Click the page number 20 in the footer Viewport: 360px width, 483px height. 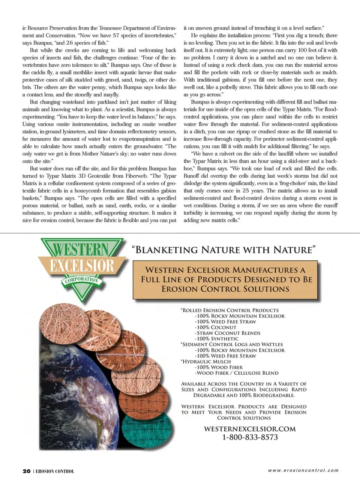(x=27, y=471)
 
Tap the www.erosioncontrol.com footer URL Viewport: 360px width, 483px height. (x=303, y=470)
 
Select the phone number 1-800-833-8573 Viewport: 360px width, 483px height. (x=250, y=437)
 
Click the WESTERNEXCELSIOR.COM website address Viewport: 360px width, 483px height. (x=250, y=429)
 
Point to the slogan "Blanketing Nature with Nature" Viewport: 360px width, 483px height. (x=224, y=250)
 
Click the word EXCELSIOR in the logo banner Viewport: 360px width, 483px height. (x=82, y=266)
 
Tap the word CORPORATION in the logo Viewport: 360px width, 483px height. (x=81, y=280)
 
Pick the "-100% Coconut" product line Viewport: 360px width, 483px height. (x=215, y=327)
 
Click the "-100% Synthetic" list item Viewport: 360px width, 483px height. (x=216, y=339)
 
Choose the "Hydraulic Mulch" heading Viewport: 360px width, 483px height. (x=206, y=362)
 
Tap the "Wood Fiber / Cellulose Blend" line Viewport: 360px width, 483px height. (x=237, y=373)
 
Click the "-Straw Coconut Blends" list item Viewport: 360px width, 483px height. (x=227, y=333)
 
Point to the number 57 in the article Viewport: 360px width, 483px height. (x=116, y=36)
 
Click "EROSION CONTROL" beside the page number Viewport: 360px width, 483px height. (x=55, y=471)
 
